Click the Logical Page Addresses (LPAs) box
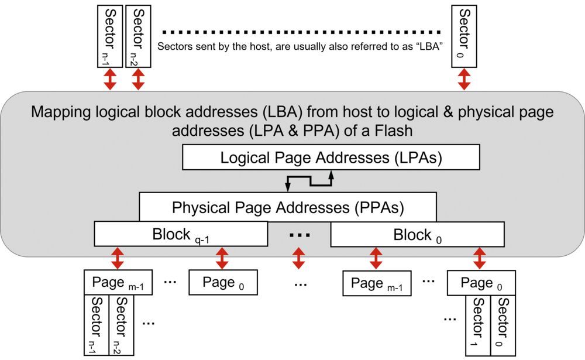tap(331, 157)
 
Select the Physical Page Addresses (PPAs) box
tap(288, 207)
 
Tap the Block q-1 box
tap(181, 235)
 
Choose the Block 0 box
tap(417, 235)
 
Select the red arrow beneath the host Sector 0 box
tap(464, 78)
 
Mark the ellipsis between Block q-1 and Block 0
tap(299, 236)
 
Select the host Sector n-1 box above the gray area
tap(109, 35)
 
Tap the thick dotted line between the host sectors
tap(302, 31)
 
